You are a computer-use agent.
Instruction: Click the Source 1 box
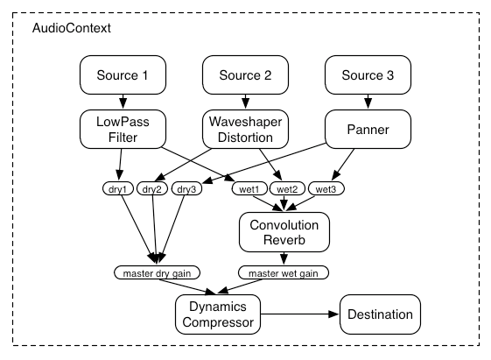tap(123, 74)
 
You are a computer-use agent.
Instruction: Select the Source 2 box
tap(245, 74)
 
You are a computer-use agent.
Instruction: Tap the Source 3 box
tap(368, 74)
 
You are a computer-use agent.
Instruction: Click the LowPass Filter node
tap(123, 129)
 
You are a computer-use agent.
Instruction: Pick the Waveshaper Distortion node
tap(245, 129)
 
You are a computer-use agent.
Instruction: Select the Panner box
tap(368, 129)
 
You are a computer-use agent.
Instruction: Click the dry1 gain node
tap(118, 188)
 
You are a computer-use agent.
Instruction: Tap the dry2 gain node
tap(152, 188)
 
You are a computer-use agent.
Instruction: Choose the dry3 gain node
tap(187, 188)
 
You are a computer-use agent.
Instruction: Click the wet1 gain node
tap(249, 188)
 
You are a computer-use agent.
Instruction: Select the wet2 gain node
tap(287, 188)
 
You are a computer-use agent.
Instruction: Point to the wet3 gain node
tap(326, 188)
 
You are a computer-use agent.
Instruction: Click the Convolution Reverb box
tap(284, 232)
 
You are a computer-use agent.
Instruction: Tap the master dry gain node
tap(157, 272)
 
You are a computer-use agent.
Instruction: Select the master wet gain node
tap(284, 272)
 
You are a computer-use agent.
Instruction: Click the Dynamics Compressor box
tap(218, 314)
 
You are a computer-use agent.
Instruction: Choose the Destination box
tap(380, 314)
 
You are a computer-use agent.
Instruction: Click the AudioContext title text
tap(72, 28)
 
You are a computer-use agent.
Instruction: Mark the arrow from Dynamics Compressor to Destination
tap(299, 314)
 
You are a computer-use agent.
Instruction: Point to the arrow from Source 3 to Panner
tap(368, 102)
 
